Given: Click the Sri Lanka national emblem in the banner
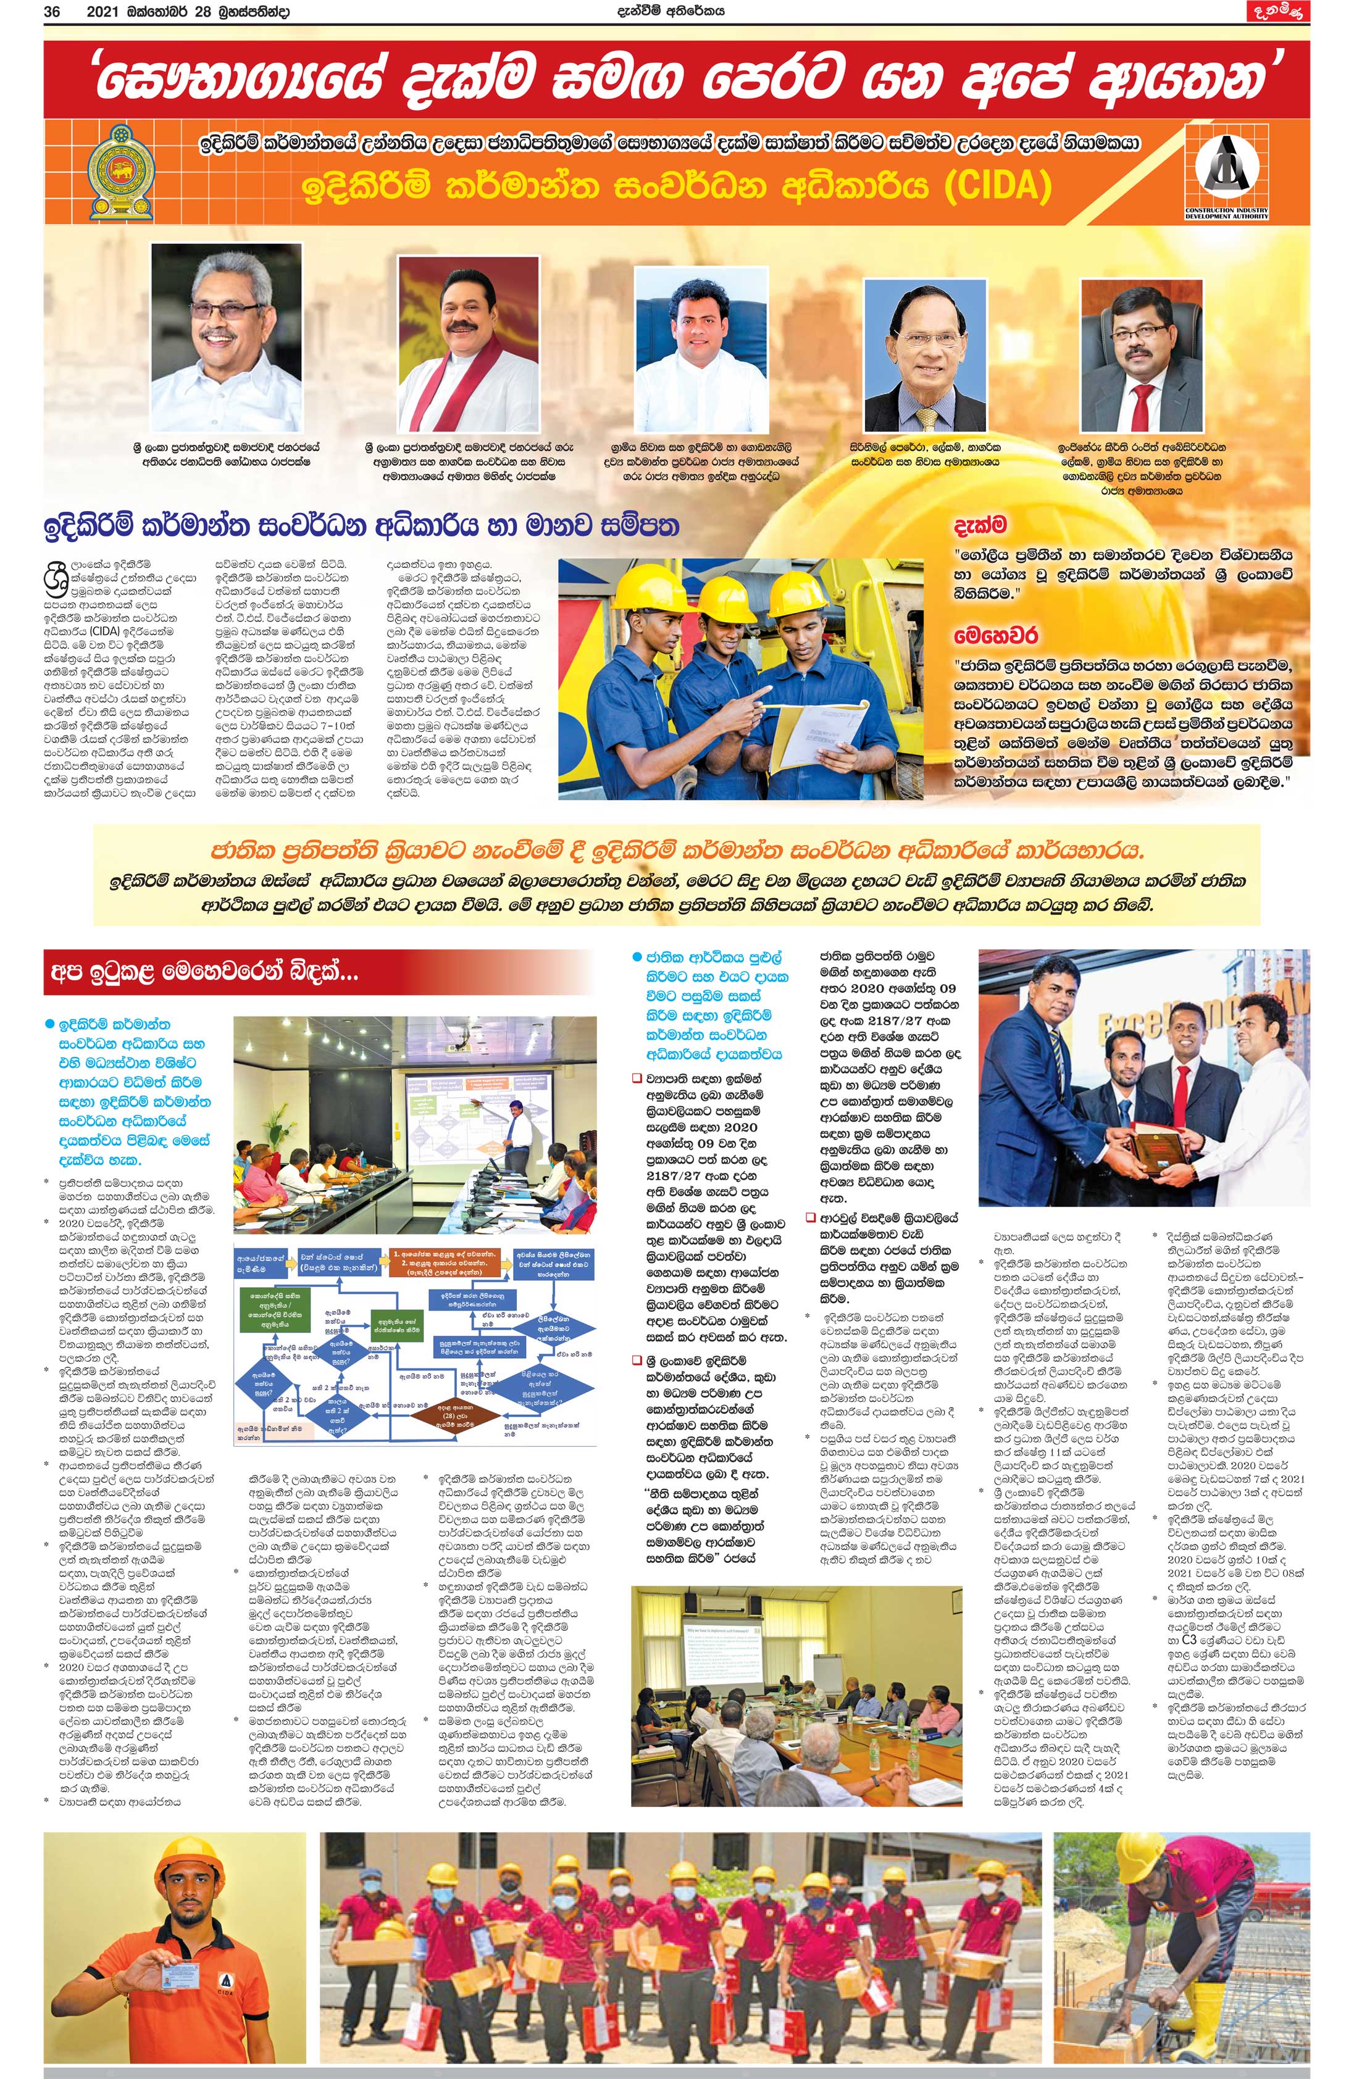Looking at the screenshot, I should [x=122, y=172].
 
